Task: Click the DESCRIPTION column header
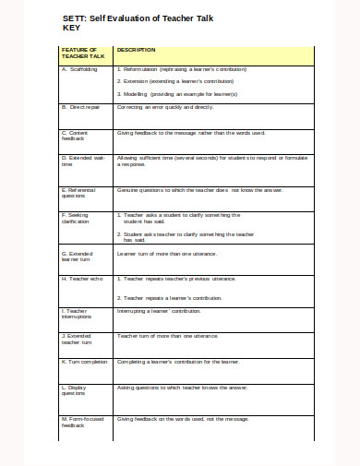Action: click(x=137, y=50)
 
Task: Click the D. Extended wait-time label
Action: click(x=79, y=163)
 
